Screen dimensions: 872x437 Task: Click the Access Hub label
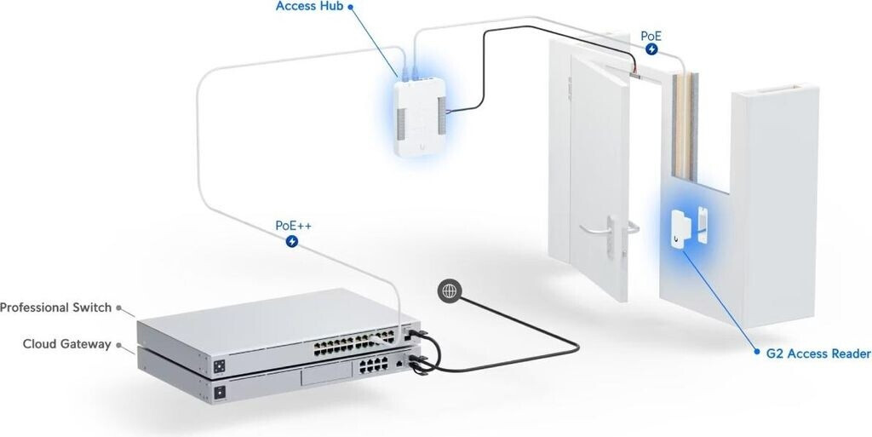click(x=308, y=7)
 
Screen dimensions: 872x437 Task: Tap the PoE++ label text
click(x=292, y=227)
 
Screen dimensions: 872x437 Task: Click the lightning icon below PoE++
click(x=293, y=242)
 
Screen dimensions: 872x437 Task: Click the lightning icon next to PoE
click(x=652, y=49)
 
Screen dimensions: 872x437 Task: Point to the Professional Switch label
click(x=56, y=308)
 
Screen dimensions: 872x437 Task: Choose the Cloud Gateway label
click(x=67, y=344)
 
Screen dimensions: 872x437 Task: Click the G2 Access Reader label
click(x=812, y=354)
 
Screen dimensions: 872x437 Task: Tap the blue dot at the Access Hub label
click(x=350, y=7)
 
